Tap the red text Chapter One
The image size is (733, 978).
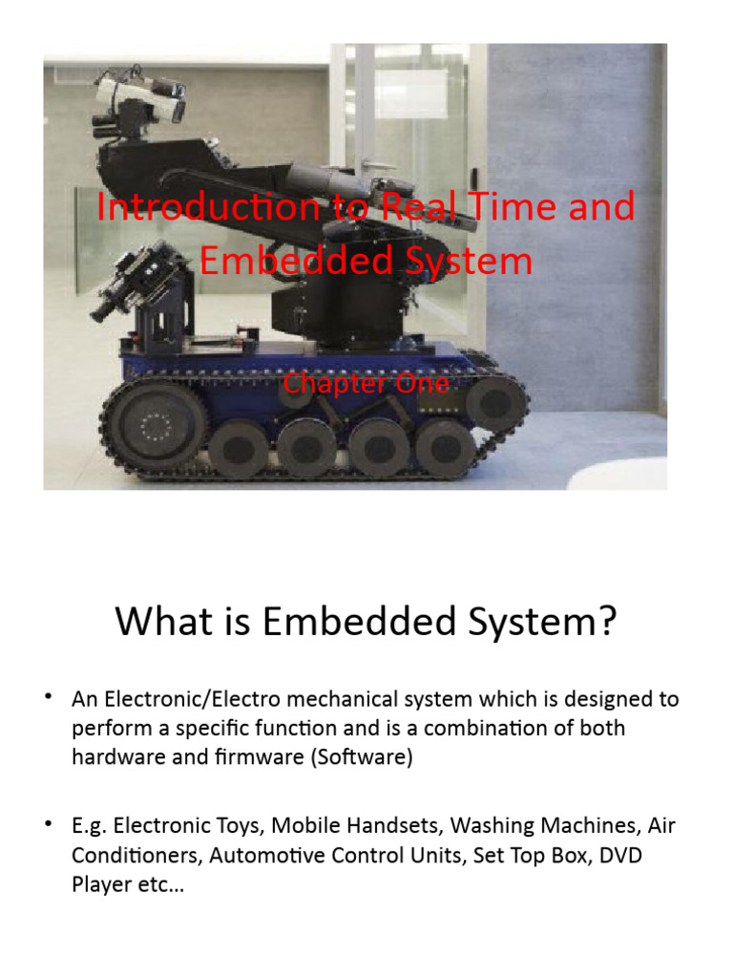(366, 384)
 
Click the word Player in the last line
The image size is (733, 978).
(99, 884)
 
